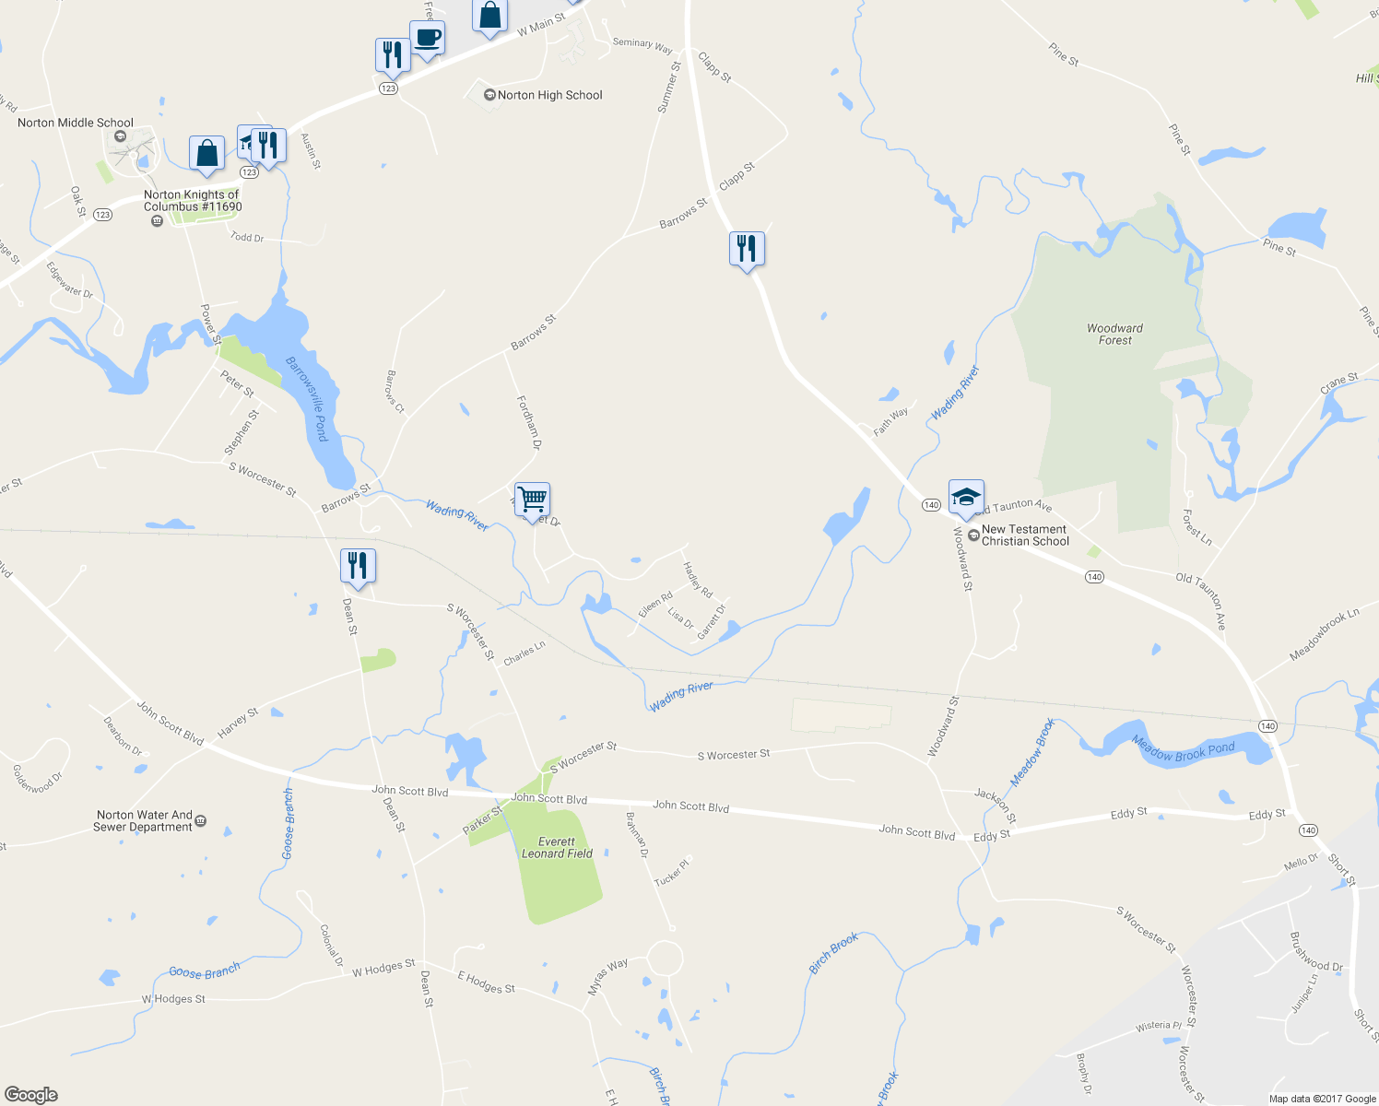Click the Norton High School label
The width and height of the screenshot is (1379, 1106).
(549, 95)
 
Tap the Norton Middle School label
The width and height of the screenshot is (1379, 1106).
(76, 123)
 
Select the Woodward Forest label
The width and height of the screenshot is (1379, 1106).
(1114, 334)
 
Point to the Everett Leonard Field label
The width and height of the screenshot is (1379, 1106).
(557, 847)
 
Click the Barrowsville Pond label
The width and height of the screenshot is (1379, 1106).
(308, 398)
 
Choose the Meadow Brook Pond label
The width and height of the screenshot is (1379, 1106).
(1183, 748)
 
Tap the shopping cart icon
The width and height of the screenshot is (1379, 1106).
(532, 500)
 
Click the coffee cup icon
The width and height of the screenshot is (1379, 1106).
(427, 39)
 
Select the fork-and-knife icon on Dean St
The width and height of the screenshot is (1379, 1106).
(358, 565)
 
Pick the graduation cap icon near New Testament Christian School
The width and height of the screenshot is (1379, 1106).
(966, 497)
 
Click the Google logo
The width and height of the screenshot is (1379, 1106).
(31, 1094)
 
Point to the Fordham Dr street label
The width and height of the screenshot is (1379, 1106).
(528, 422)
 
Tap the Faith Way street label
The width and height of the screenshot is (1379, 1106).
(890, 421)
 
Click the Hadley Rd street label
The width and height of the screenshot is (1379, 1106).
(698, 580)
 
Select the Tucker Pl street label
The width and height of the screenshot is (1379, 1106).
(671, 873)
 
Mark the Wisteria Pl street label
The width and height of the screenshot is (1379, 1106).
(1158, 1026)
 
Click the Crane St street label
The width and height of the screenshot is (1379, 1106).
(1338, 383)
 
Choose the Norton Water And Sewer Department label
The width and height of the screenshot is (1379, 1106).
(145, 820)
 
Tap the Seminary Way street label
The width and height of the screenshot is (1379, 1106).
(642, 45)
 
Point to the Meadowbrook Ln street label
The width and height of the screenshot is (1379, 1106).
(1324, 634)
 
